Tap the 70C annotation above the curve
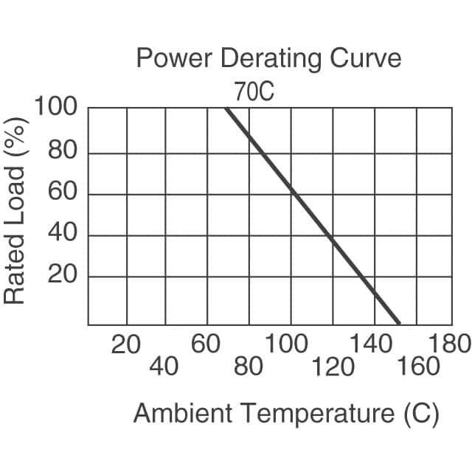[254, 92]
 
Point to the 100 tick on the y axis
[56, 108]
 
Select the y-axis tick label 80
[63, 153]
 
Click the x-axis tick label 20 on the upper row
[125, 344]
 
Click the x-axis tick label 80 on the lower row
[248, 366]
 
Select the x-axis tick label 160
[419, 366]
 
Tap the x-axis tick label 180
[449, 344]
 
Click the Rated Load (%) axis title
[15, 212]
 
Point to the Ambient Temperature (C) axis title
[286, 414]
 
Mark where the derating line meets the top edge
[226, 108]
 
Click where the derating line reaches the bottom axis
[398, 324]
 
